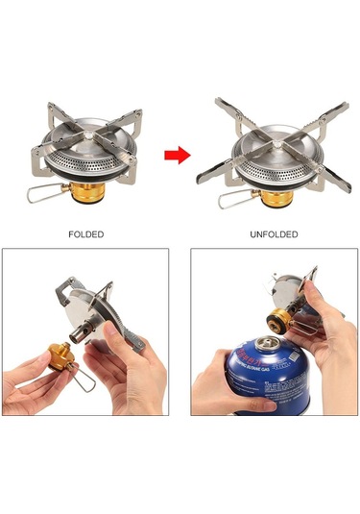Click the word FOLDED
coord(86,233)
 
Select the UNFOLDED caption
coord(275,233)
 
